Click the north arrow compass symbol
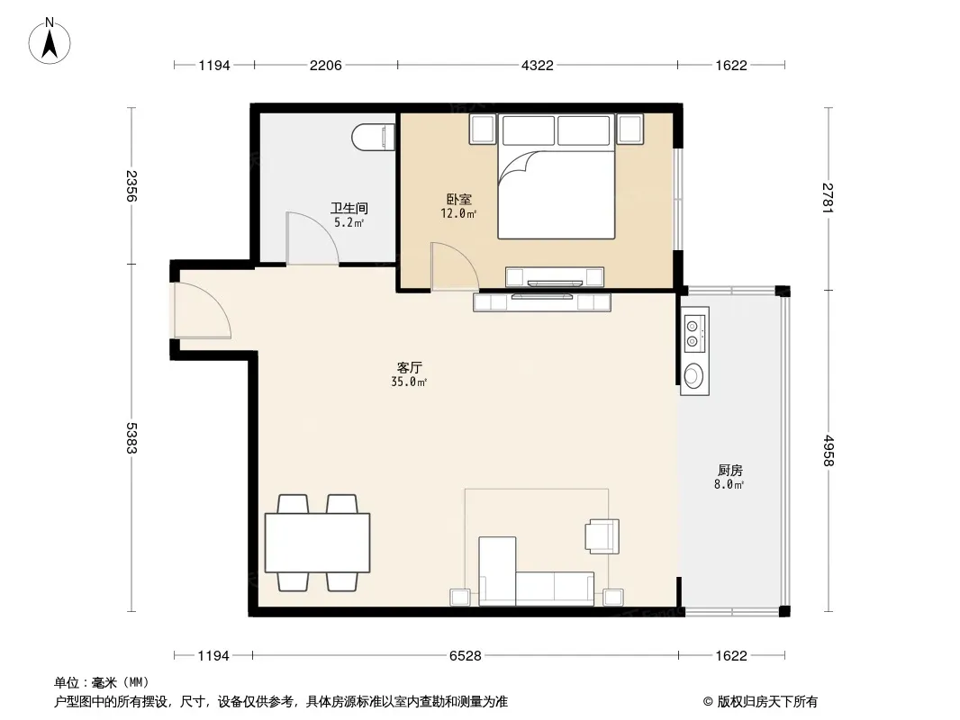[50, 41]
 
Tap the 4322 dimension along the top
[537, 66]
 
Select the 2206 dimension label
[325, 66]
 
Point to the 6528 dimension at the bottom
[466, 656]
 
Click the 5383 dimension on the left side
[131, 438]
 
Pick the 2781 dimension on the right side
[828, 198]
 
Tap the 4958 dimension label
[828, 450]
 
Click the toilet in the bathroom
[374, 137]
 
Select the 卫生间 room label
[349, 208]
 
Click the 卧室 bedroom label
[458, 200]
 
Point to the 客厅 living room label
[409, 367]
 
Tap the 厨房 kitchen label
[729, 471]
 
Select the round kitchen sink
[693, 375]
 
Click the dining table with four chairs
[317, 543]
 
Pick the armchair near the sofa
[602, 535]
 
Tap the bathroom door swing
[312, 238]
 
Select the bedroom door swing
[454, 266]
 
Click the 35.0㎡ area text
[409, 382]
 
